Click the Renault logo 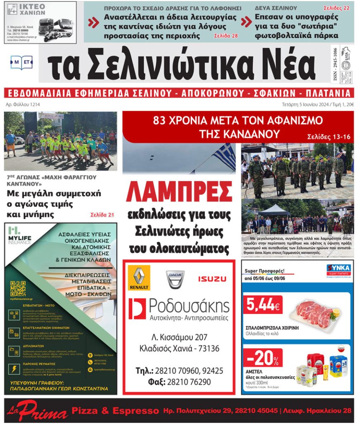click(x=139, y=278)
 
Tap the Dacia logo click(x=175, y=279)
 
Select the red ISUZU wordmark click(x=212, y=279)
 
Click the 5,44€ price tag click(x=262, y=305)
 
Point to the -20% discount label click(x=262, y=357)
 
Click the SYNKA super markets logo click(x=338, y=270)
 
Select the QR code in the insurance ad click(x=18, y=288)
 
